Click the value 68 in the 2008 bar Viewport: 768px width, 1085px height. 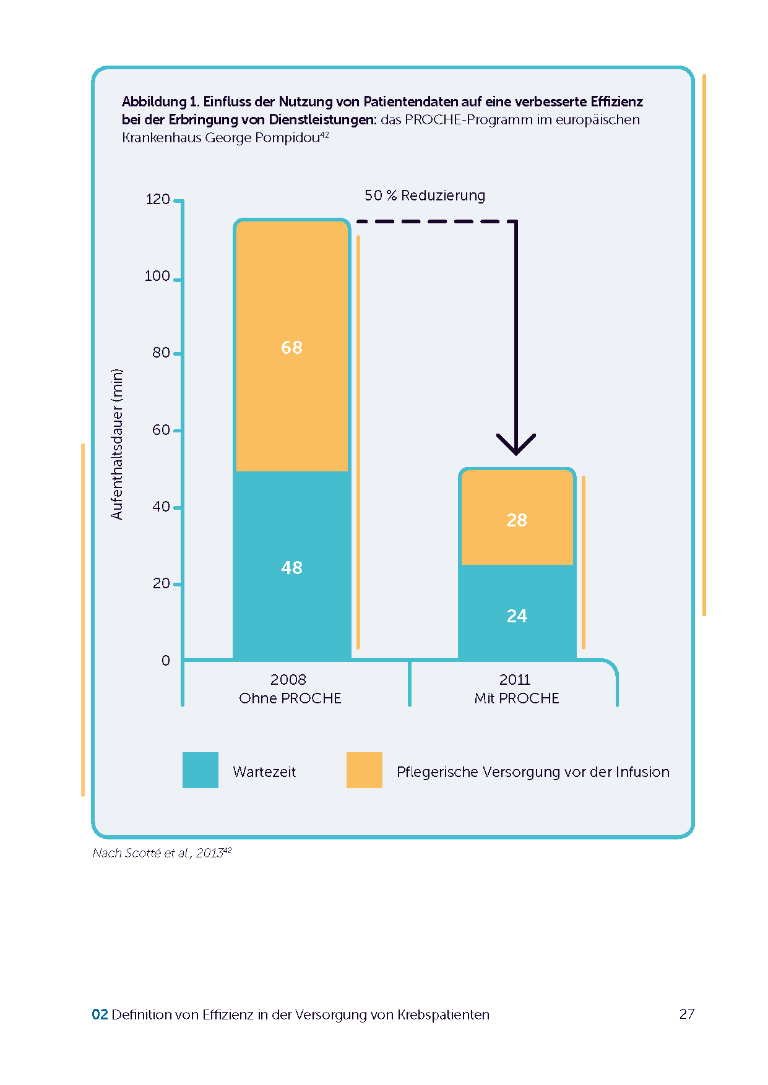click(291, 348)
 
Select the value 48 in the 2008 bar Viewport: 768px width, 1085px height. click(291, 568)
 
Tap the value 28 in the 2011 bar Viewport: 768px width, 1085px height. click(517, 520)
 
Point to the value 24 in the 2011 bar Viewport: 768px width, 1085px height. click(517, 616)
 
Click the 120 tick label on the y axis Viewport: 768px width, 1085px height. click(158, 199)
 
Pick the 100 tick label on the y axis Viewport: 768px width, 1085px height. click(157, 276)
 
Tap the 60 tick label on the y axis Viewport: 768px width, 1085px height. click(161, 430)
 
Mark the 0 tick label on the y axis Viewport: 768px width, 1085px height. click(166, 661)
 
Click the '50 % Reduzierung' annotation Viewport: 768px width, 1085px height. click(425, 195)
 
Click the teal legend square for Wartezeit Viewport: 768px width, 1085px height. click(201, 770)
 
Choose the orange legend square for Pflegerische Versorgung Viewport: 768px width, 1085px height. click(365, 770)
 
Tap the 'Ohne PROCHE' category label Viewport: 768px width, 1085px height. click(290, 698)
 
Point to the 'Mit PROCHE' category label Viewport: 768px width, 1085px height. click(517, 698)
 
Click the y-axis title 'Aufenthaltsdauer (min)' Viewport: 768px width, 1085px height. click(117, 444)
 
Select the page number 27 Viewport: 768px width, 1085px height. click(687, 1014)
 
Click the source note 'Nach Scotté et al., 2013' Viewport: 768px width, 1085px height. click(158, 853)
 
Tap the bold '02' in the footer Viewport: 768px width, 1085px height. click(100, 1014)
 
